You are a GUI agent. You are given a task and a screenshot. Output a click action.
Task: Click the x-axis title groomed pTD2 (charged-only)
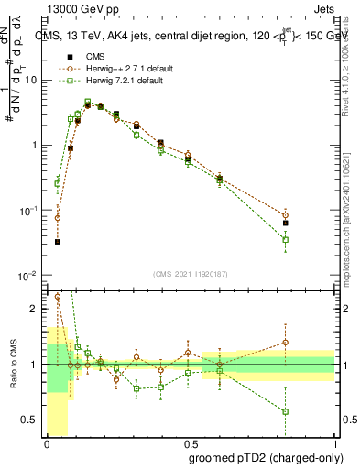(265, 457)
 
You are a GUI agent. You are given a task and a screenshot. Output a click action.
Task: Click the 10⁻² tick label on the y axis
(28, 276)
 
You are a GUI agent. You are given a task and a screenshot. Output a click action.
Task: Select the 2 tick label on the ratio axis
(36, 309)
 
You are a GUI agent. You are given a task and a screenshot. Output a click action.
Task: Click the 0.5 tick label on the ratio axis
(32, 420)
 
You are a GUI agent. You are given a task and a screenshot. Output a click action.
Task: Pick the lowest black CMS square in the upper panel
(57, 242)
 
